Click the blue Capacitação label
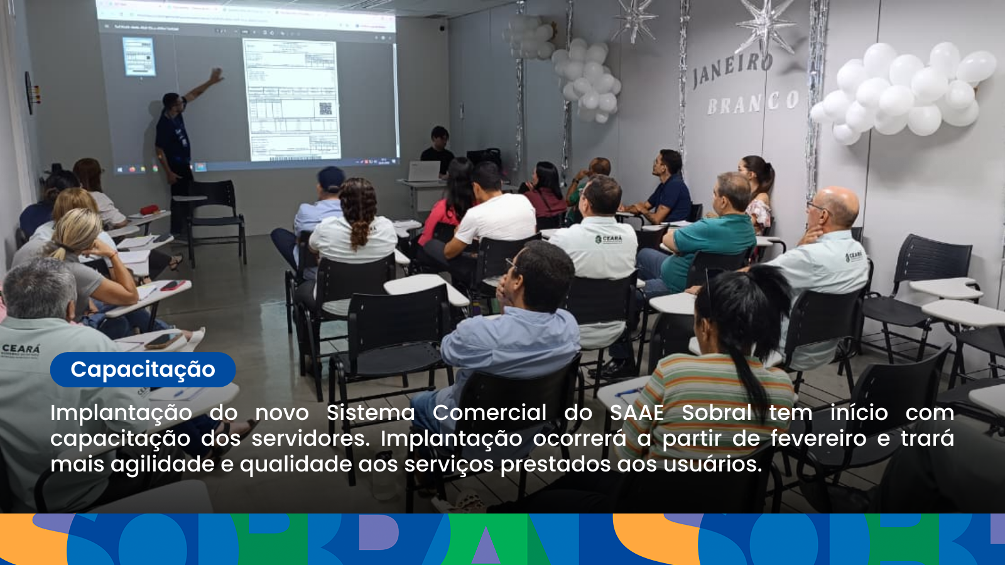coord(143,370)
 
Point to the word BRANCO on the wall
coord(752,103)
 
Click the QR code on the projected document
coord(325,109)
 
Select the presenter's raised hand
coord(216,76)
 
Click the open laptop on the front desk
coord(424,171)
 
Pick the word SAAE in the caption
coord(637,412)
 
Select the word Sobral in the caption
coord(717,412)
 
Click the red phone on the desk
coord(172,286)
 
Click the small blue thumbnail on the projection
coord(139,56)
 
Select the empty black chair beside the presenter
coord(217,213)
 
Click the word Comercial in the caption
coord(489,412)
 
